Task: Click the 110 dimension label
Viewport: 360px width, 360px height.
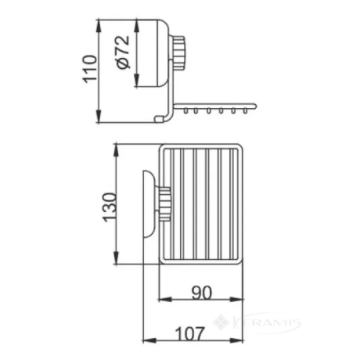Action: (x=90, y=69)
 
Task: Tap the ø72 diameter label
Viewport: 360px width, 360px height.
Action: (x=123, y=52)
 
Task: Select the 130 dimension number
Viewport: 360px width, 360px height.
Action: (x=110, y=207)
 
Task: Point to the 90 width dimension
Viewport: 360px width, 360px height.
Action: (x=202, y=293)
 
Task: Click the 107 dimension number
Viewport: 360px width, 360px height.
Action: (x=189, y=334)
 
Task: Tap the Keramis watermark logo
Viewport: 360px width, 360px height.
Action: (x=257, y=322)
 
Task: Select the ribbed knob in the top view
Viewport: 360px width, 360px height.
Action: (x=165, y=204)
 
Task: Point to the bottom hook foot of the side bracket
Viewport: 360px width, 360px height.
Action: (x=160, y=119)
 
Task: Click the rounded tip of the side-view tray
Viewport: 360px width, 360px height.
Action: (x=255, y=106)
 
